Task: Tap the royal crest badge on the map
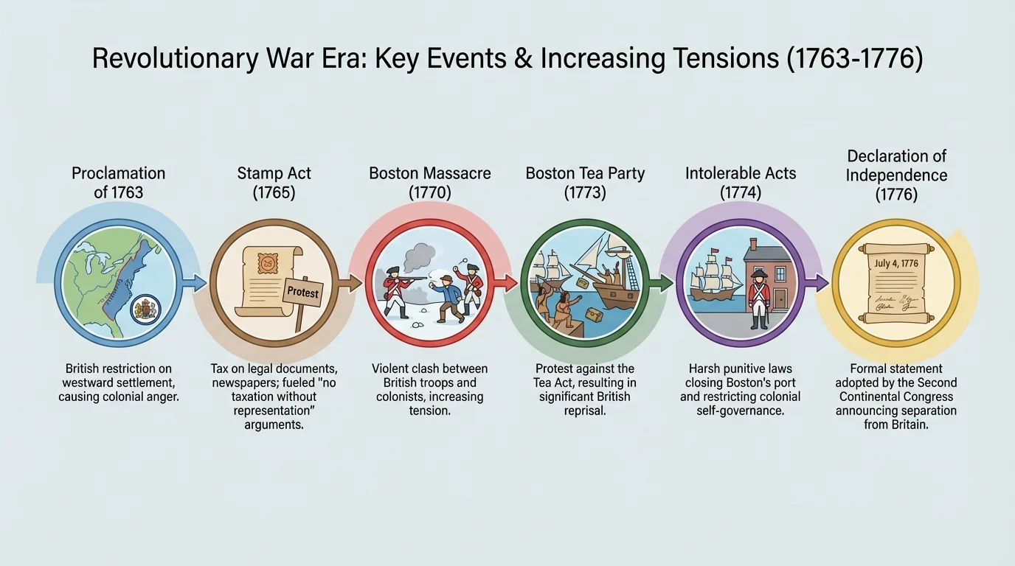145,310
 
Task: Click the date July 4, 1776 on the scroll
896,264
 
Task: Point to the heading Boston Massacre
429,173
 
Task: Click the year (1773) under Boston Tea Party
585,193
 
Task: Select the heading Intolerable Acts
741,173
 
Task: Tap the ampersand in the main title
523,58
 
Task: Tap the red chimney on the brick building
753,245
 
